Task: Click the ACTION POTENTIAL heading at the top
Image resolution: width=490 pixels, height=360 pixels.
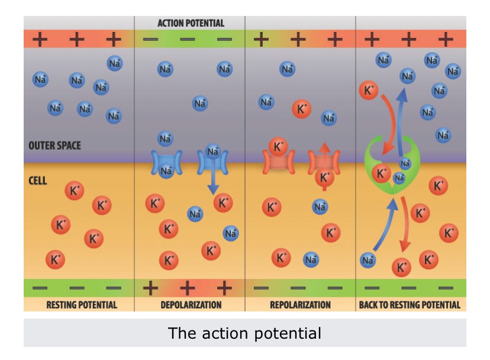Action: [191, 23]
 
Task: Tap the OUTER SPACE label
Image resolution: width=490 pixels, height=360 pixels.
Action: [55, 145]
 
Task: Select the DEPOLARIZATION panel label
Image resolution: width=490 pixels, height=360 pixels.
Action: [191, 305]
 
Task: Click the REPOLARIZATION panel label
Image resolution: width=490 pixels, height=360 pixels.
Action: [300, 305]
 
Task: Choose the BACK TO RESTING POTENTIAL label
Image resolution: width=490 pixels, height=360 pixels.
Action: [410, 305]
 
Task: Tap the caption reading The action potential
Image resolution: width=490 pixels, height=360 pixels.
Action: [244, 333]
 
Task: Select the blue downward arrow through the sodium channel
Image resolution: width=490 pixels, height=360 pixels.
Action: [212, 178]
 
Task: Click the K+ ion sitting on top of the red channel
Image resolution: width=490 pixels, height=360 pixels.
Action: [278, 146]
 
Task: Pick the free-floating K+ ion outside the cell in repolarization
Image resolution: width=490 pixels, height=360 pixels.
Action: [302, 109]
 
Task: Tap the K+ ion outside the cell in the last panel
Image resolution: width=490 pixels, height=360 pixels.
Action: [369, 91]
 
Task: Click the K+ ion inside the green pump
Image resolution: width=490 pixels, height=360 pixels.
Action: [382, 173]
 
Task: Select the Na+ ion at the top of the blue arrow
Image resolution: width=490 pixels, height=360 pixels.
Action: [212, 152]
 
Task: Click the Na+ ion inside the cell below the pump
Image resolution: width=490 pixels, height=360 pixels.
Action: [368, 259]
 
